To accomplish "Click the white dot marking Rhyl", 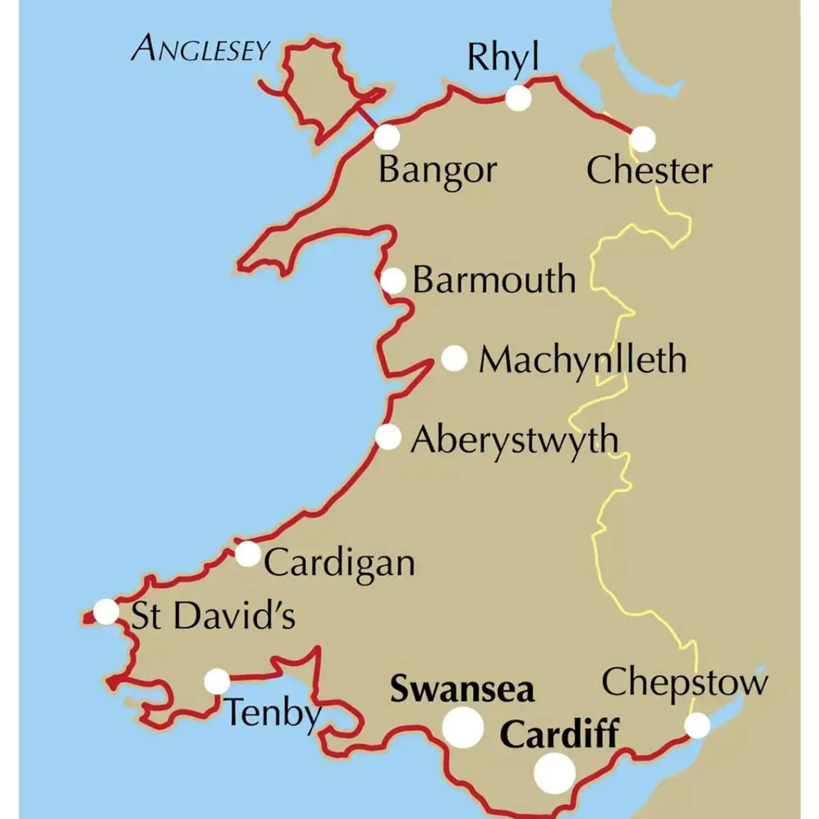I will click(518, 99).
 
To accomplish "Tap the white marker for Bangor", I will click(386, 137).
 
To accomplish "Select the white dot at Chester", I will click(643, 139).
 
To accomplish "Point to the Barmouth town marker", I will click(394, 280).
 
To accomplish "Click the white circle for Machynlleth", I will click(454, 358).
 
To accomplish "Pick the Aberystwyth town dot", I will click(388, 438).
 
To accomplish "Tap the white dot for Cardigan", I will click(248, 553).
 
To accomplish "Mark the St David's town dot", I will click(106, 612).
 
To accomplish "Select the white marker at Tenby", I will click(217, 681).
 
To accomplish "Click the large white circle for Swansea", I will click(463, 728).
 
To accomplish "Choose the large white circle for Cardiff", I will click(554, 774).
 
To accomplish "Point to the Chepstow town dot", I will click(697, 726).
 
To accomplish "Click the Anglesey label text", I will click(200, 49).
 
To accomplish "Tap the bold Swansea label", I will click(462, 690).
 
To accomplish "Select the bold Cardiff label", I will click(559, 734).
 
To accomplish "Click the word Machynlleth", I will click(582, 360).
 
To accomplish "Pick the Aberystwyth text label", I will click(514, 441).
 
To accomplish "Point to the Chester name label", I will click(649, 171).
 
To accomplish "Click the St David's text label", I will click(213, 616).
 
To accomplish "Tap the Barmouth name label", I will click(494, 280).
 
